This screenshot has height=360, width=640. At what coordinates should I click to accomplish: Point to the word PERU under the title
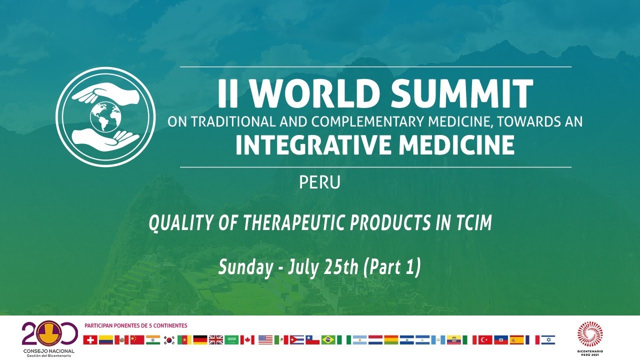click(x=319, y=182)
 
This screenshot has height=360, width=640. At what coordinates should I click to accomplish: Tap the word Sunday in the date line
click(x=244, y=268)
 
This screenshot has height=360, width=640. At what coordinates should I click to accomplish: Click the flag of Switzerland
click(x=90, y=340)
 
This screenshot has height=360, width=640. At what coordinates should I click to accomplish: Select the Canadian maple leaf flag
click(x=247, y=340)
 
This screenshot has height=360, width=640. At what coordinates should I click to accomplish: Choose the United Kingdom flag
click(x=215, y=340)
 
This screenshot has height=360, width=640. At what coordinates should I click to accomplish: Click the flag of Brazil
click(x=328, y=340)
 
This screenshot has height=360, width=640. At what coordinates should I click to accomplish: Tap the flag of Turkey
click(x=485, y=340)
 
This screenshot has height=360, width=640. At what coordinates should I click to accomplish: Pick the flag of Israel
click(x=548, y=340)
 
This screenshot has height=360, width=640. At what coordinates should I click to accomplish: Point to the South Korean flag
click(x=169, y=340)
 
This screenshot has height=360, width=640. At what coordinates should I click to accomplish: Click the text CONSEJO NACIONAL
click(x=48, y=351)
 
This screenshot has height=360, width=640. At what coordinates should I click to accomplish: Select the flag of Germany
click(x=200, y=340)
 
